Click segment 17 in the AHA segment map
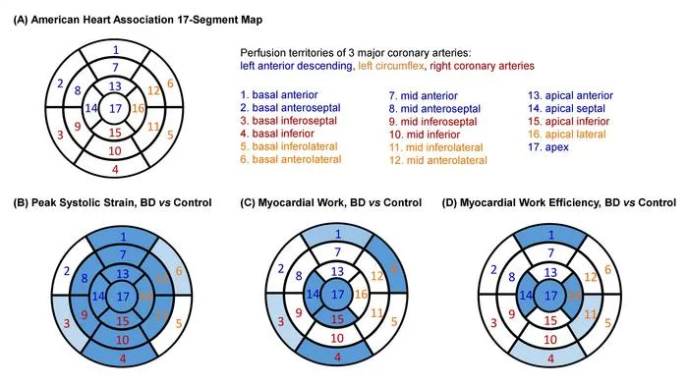point(115,108)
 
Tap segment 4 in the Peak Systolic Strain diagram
point(123,354)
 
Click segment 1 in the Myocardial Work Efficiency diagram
point(550,237)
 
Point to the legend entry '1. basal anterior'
point(278,94)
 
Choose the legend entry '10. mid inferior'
point(425,135)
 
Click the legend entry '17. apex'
point(548,147)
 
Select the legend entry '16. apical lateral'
point(566,135)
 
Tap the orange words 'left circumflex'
point(391,66)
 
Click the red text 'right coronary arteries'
point(483,66)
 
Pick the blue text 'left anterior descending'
point(296,66)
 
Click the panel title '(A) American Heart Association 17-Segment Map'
point(138,20)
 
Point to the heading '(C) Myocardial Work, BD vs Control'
point(331,202)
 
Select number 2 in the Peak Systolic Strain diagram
point(66,271)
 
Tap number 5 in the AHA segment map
point(170,135)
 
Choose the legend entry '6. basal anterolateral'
point(291,159)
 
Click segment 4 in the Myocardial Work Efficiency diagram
point(550,355)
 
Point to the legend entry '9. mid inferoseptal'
point(432,122)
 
